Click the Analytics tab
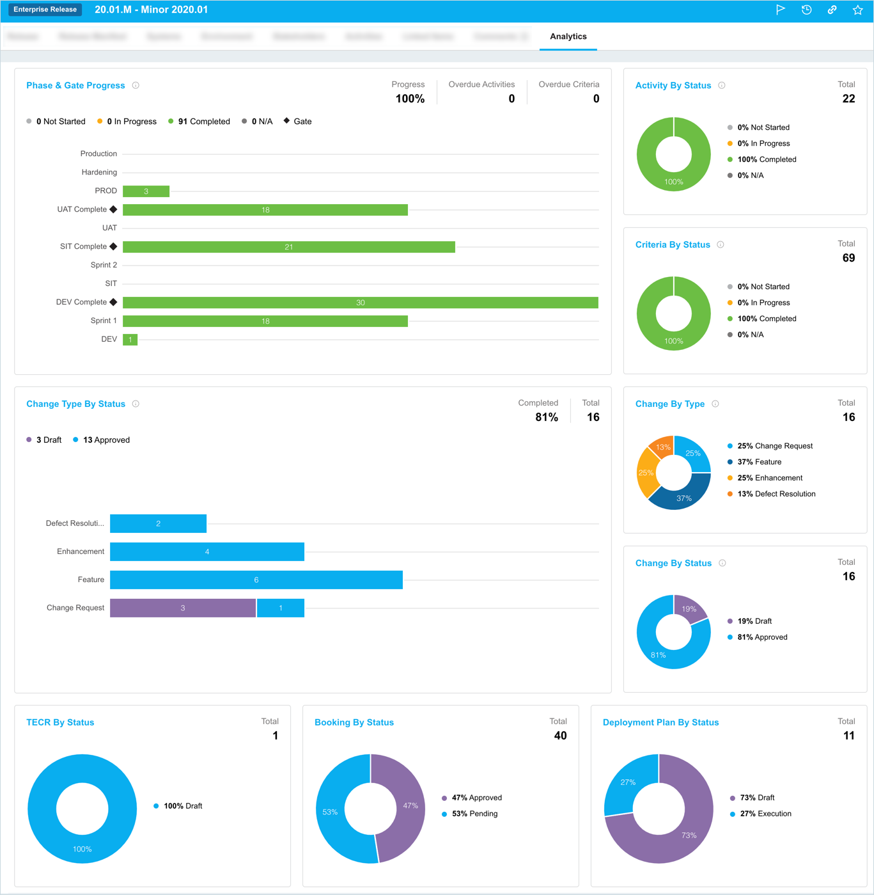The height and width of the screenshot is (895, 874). click(x=568, y=36)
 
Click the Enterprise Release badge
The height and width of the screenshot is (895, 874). click(x=45, y=10)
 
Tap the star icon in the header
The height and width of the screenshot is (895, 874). click(x=857, y=10)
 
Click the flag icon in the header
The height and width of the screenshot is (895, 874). click(x=780, y=10)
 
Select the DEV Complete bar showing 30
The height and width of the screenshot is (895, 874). click(x=360, y=303)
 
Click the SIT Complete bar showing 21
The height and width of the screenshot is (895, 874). click(x=288, y=247)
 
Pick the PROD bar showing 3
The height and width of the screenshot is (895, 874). click(x=146, y=191)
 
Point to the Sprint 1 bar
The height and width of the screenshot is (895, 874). click(x=265, y=321)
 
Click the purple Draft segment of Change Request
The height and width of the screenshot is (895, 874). click(x=182, y=608)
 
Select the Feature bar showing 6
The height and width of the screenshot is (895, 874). click(x=256, y=580)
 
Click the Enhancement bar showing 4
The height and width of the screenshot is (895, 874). click(x=207, y=551)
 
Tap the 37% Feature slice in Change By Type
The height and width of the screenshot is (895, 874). click(x=683, y=496)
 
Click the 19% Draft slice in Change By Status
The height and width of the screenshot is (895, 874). click(x=691, y=608)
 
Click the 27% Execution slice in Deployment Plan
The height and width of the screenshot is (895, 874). click(x=630, y=782)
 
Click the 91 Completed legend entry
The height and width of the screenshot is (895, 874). click(x=199, y=122)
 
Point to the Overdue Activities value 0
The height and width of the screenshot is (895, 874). click(x=511, y=99)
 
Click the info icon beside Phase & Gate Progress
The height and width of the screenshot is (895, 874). click(x=136, y=85)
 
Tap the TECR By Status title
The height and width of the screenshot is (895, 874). click(x=60, y=722)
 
